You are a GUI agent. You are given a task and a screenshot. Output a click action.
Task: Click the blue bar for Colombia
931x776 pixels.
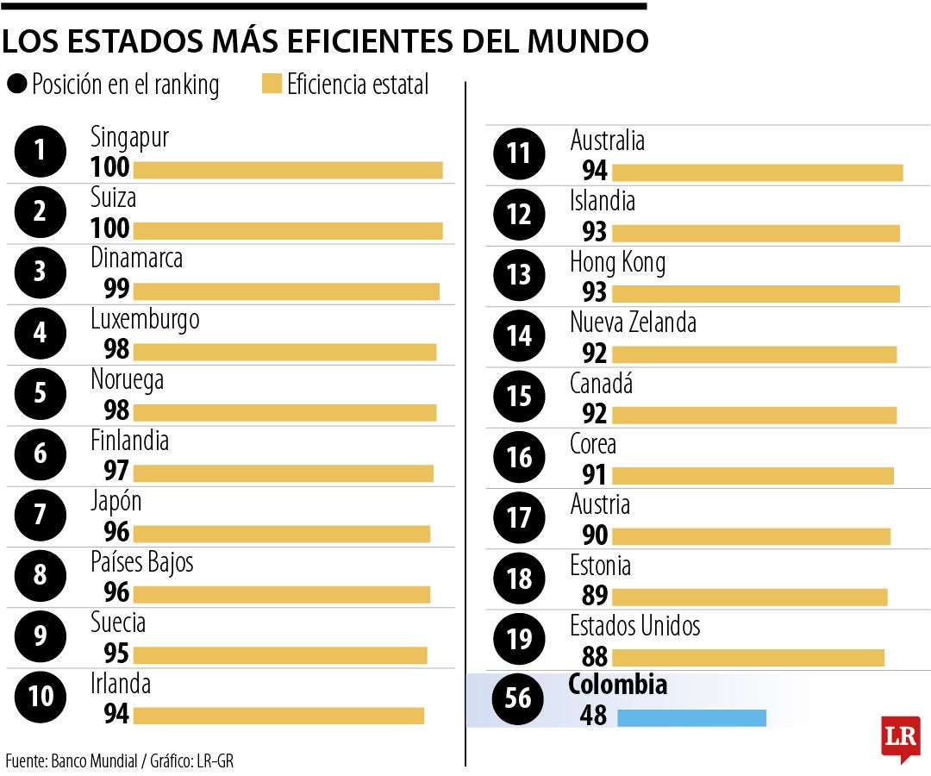click(x=691, y=717)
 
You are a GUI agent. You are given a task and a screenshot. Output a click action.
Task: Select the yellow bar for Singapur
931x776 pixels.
click(x=288, y=170)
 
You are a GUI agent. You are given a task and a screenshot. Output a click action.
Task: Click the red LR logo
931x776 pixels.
click(x=900, y=738)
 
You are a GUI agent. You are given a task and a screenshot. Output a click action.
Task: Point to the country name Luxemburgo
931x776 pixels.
click(x=145, y=320)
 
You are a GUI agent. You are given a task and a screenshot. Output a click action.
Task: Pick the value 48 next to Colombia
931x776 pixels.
click(x=594, y=716)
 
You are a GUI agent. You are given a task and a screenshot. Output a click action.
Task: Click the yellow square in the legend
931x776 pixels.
click(x=272, y=84)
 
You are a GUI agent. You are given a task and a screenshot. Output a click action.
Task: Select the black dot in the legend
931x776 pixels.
click(x=16, y=84)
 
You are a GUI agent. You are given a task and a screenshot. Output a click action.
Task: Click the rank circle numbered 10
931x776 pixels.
click(x=40, y=695)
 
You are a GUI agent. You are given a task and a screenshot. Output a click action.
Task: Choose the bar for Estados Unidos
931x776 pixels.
click(x=748, y=657)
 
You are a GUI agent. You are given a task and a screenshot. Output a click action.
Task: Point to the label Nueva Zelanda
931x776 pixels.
click(x=633, y=323)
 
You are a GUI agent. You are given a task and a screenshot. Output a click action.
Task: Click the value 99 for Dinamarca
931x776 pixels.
click(x=116, y=289)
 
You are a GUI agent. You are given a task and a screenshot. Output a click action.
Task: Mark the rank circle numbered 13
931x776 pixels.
click(x=518, y=274)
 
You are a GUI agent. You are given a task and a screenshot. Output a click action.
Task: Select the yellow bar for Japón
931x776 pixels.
click(x=281, y=534)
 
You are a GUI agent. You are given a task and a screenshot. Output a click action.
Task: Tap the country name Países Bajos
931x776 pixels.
click(x=142, y=562)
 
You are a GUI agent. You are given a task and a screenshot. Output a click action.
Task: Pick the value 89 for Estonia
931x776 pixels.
click(x=595, y=596)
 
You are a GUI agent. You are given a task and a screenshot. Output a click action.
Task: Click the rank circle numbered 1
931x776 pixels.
click(x=40, y=151)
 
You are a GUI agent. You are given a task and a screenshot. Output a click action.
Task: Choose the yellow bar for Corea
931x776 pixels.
click(x=753, y=474)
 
